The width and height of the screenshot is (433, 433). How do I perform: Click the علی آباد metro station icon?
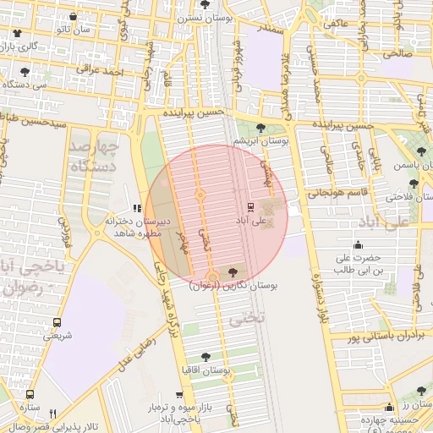click(250, 206)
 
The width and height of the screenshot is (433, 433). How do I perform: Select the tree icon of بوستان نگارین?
click(233, 272)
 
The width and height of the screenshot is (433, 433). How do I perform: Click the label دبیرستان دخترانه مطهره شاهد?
click(138, 228)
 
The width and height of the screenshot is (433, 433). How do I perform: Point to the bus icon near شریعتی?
click(57, 322)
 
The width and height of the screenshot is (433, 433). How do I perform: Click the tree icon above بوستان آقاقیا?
click(206, 357)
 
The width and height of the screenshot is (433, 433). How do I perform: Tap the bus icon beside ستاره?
click(30, 395)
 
